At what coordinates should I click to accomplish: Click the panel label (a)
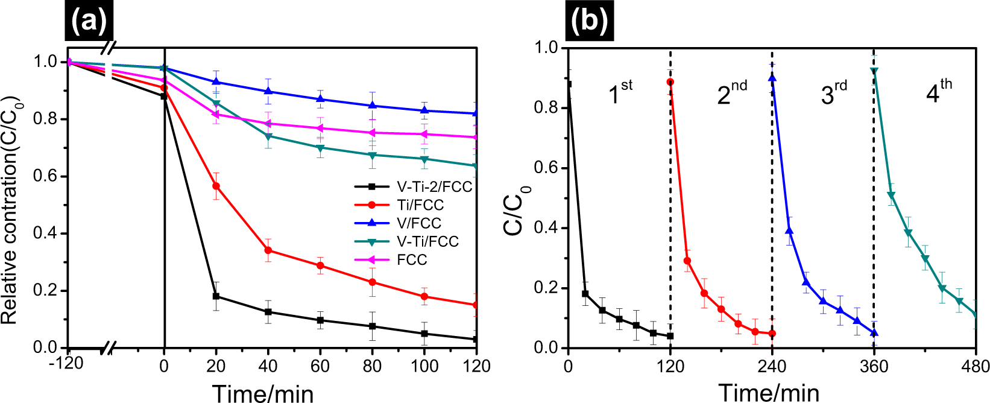point(89,22)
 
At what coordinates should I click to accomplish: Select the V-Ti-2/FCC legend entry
point(434,186)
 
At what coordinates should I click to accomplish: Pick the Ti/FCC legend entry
point(420,205)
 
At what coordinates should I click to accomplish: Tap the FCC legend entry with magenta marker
point(412,260)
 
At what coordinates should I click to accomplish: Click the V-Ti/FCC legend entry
point(427,242)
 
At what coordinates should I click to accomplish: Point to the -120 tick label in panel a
point(67,365)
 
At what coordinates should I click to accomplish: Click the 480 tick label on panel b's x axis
point(975,366)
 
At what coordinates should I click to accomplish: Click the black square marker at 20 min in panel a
point(216,296)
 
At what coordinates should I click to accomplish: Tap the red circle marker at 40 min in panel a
point(268,250)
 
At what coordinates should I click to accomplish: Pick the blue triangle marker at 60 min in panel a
point(320,99)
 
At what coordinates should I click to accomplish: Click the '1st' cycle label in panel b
point(619,92)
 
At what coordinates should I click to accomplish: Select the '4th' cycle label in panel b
point(938,92)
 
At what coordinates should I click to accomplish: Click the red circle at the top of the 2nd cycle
point(670,82)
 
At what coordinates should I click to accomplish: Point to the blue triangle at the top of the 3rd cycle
point(772,78)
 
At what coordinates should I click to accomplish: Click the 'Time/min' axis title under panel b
point(769,393)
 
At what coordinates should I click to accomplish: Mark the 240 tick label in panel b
point(772,366)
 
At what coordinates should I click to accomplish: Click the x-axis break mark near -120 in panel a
point(110,347)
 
